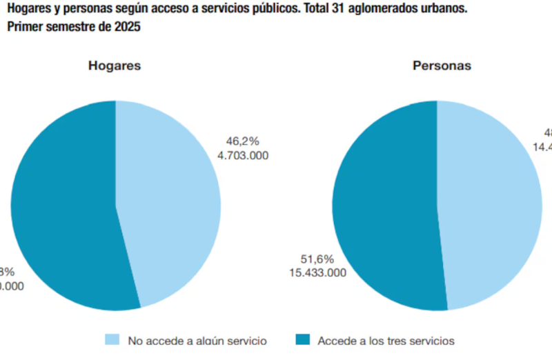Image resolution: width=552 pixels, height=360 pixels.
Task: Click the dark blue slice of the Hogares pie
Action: (x=62, y=207)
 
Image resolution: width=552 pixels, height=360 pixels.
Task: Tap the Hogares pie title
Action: (x=115, y=66)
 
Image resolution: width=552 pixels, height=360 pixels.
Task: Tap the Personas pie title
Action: (x=442, y=66)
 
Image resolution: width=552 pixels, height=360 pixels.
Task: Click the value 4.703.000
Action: (x=242, y=155)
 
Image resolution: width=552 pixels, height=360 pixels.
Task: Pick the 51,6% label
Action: (x=317, y=259)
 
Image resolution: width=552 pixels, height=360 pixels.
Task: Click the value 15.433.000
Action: (x=317, y=272)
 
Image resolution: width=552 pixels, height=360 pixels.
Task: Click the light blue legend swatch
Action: (x=112, y=339)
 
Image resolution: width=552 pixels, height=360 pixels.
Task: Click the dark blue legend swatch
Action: (x=302, y=339)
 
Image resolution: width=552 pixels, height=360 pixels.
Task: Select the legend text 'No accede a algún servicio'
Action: (x=197, y=340)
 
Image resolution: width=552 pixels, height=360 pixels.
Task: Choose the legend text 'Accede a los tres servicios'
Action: (x=386, y=340)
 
